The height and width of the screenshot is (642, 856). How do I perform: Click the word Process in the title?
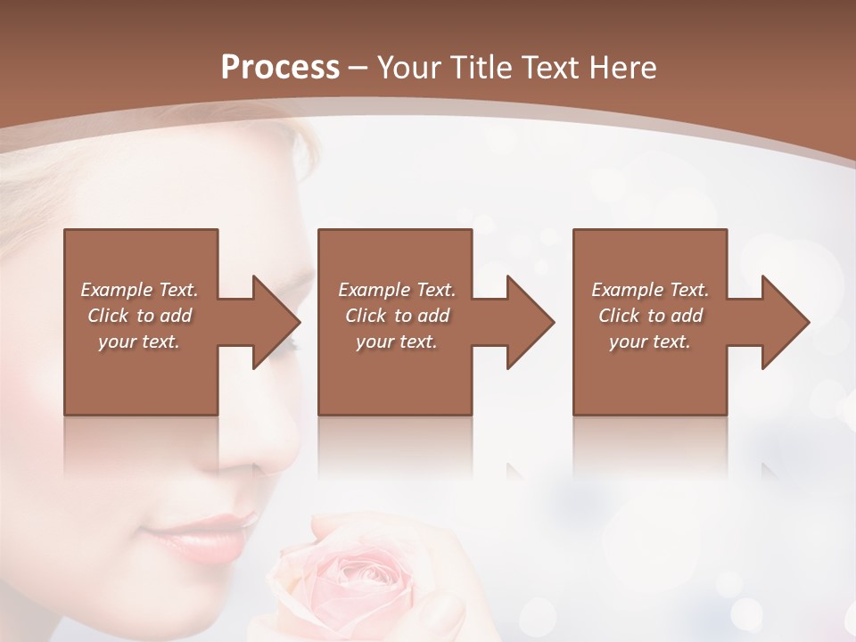tap(280, 68)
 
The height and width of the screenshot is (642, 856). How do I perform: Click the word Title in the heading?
tap(483, 68)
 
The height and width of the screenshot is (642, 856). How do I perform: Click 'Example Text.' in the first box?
tap(139, 290)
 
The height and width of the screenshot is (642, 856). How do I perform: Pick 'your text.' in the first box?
tap(139, 342)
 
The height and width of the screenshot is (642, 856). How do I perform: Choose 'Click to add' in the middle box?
tap(397, 316)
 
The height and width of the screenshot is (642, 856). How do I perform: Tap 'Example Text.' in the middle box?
tap(397, 290)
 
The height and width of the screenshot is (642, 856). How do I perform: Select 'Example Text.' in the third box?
tap(650, 290)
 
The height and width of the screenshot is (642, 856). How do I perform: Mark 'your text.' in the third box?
tap(650, 342)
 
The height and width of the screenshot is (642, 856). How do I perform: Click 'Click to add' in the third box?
tap(650, 316)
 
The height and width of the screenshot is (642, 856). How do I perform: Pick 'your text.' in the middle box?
tap(397, 342)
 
